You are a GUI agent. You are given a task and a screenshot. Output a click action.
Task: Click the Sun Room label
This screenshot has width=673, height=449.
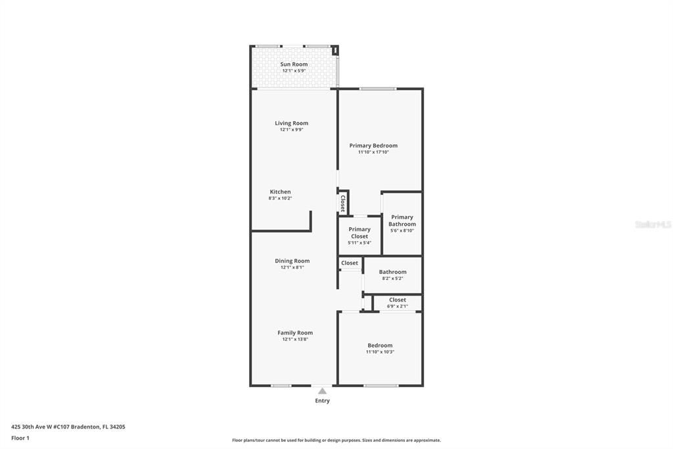point(294,64)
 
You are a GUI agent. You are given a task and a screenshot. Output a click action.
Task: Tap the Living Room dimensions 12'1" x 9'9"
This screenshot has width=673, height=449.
point(291,130)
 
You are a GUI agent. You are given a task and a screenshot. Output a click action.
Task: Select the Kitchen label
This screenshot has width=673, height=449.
point(280,192)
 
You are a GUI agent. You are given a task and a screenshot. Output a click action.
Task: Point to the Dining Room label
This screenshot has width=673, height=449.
point(292,261)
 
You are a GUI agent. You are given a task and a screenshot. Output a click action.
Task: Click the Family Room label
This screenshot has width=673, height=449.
point(294,332)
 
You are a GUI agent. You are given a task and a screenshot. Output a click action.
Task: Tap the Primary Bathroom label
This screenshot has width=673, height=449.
point(402,221)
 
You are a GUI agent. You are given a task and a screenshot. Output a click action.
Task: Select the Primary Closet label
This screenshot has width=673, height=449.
point(360,232)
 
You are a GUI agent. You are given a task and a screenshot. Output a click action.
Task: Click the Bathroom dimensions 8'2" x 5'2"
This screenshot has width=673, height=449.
point(392,278)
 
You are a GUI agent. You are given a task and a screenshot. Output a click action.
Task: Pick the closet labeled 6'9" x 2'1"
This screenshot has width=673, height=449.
point(397,303)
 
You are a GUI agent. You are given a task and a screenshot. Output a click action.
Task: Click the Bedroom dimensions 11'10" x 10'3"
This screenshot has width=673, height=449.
point(380,352)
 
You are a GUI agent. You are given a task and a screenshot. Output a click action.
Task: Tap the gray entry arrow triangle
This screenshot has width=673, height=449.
point(322,391)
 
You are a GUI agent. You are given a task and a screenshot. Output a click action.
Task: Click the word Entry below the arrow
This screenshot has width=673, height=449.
point(322,401)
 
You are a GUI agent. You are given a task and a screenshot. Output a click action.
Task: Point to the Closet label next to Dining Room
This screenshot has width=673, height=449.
point(350,263)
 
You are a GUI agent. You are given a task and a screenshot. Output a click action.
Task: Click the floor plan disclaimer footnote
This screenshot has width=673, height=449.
point(336,440)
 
